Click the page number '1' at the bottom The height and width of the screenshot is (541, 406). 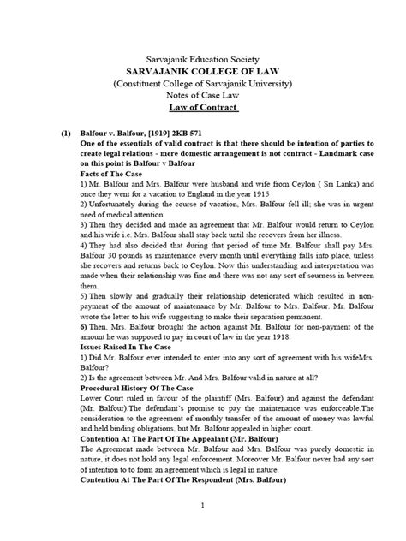click(x=203, y=531)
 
